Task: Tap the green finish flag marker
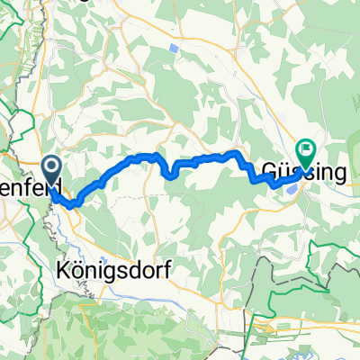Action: [x=305, y=153]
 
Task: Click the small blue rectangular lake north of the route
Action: [x=173, y=46]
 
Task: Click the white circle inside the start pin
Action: [x=50, y=166]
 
